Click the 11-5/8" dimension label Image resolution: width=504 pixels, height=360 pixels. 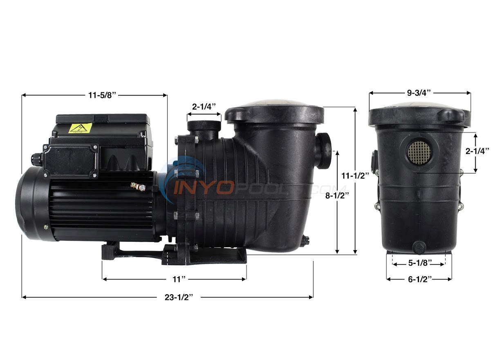click(x=102, y=96)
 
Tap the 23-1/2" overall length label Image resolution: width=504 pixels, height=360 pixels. click(x=179, y=297)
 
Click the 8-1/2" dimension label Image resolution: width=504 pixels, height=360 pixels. click(x=336, y=195)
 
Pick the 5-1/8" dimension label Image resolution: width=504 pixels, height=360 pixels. click(x=419, y=264)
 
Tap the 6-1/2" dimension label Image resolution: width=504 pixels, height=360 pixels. click(x=419, y=280)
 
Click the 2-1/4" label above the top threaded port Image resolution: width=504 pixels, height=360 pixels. click(x=204, y=107)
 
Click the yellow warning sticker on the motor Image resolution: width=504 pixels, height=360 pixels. click(x=80, y=128)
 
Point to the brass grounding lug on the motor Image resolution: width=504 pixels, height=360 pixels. click(x=138, y=187)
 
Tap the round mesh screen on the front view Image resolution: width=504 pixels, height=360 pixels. click(x=419, y=152)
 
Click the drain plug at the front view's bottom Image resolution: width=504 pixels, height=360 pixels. click(x=419, y=247)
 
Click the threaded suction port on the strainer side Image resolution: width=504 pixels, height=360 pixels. click(x=324, y=150)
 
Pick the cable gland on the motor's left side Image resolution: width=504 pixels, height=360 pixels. click(x=36, y=159)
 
